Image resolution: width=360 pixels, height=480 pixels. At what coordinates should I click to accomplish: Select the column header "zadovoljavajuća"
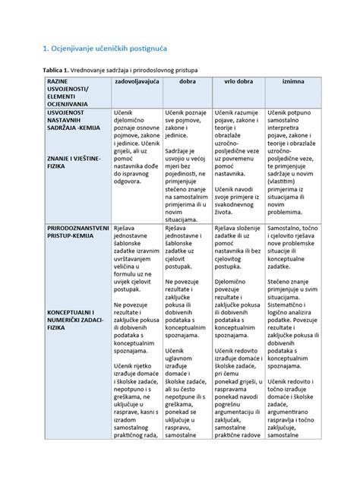click(x=137, y=81)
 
